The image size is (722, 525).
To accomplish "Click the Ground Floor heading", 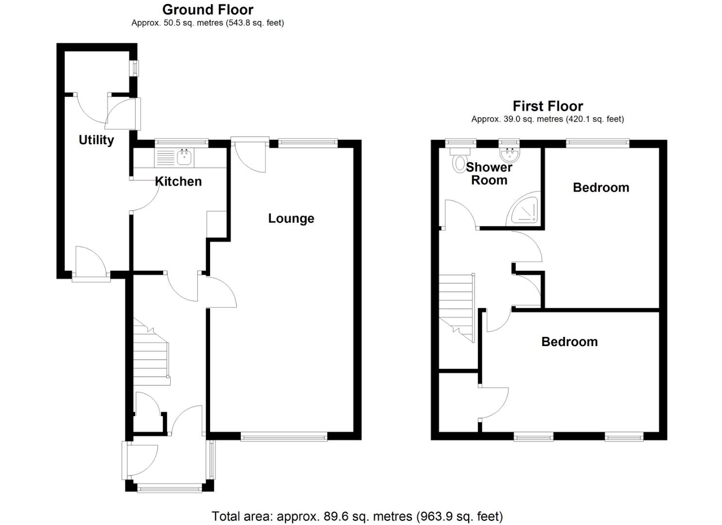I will point(208,10).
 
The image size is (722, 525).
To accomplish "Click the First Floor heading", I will point(547,106).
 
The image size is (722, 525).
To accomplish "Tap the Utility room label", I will point(96,140).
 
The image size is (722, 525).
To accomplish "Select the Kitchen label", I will point(178,181).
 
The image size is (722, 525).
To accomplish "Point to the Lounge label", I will point(291,218).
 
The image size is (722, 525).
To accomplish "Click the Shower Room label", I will point(489,174).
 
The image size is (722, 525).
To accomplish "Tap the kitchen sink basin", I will point(185,157).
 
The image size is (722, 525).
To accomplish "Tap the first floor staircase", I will point(457,306).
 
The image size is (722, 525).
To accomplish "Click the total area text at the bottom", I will point(357,516).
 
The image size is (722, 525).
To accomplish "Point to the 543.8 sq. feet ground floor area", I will point(255,23).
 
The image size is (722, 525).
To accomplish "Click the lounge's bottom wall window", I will point(284,437).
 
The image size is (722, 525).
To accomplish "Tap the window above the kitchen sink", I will point(181,143).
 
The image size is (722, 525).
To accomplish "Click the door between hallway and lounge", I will point(220,292).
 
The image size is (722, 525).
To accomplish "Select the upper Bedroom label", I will point(601,188).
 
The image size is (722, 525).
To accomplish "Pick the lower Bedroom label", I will point(569,342).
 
